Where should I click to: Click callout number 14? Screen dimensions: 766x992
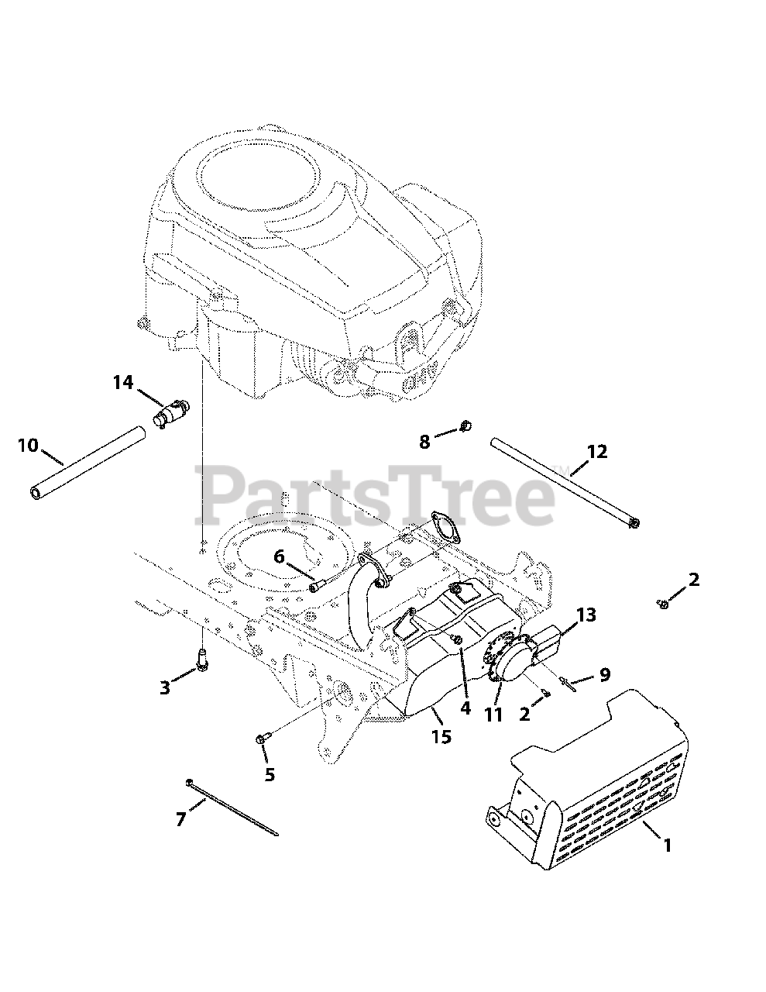(122, 382)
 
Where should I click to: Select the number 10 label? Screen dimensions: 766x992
(27, 446)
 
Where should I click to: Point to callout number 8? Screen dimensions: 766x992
(424, 442)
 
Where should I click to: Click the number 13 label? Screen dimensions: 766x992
(586, 615)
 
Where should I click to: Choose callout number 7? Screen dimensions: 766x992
(180, 818)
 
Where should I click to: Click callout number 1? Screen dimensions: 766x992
(667, 845)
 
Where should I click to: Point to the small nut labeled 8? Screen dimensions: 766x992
(465, 425)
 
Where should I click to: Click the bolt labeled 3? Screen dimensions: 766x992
(202, 660)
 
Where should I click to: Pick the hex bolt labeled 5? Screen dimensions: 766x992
(261, 741)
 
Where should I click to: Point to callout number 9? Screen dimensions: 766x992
(605, 675)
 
